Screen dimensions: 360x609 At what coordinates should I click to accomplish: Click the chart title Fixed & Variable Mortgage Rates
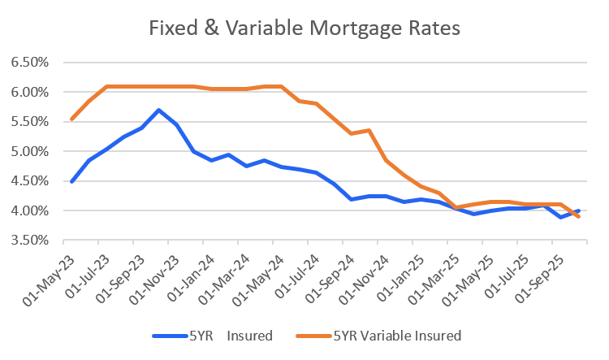point(304,28)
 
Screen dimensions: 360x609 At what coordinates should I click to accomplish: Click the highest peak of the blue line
point(159,110)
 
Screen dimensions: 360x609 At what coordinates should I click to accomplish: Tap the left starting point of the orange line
point(71,119)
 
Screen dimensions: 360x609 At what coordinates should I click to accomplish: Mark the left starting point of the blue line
point(71,182)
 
